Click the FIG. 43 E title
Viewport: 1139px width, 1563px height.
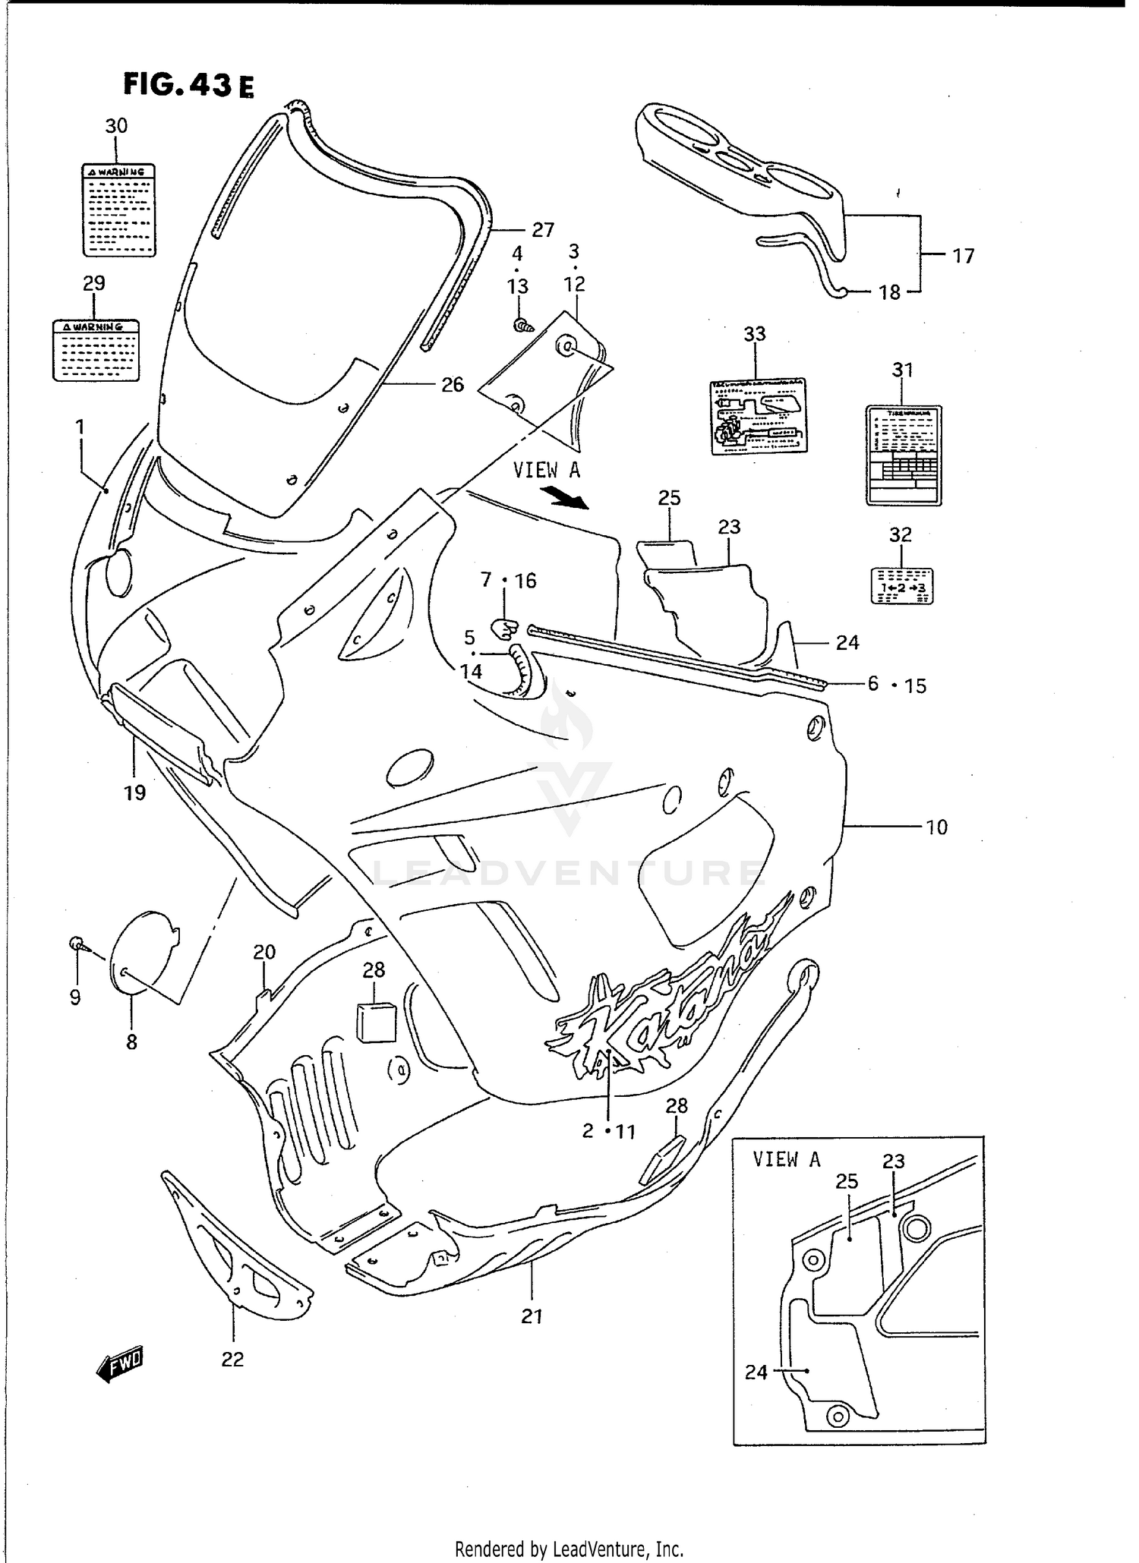click(188, 85)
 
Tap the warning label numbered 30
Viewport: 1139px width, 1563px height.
click(118, 210)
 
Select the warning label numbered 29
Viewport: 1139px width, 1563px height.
click(96, 350)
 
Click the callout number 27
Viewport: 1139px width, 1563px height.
click(542, 229)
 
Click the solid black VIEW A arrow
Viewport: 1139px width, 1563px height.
click(566, 498)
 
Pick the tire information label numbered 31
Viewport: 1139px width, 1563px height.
click(904, 455)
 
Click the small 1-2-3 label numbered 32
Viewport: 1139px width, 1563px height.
click(901, 585)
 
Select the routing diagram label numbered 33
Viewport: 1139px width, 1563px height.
click(757, 416)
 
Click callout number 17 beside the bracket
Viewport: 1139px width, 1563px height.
click(963, 257)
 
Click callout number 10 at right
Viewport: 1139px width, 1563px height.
click(936, 827)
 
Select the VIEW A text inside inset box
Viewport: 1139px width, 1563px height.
click(786, 1159)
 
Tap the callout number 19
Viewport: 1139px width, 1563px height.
click(134, 793)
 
